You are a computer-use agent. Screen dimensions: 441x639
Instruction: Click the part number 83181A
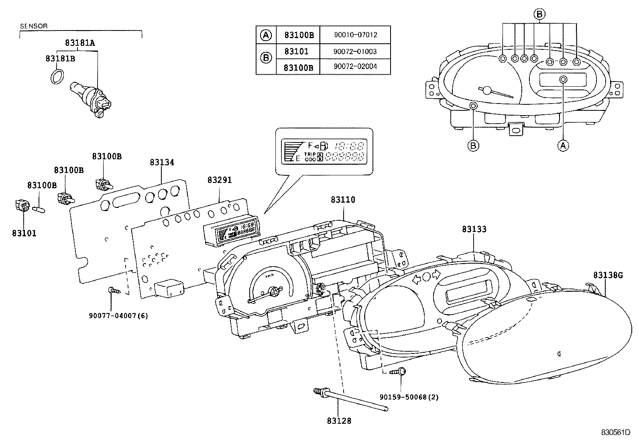(80, 43)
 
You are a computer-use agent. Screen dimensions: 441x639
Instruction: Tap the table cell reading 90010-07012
(355, 35)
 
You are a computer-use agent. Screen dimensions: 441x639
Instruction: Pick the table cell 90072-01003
(355, 52)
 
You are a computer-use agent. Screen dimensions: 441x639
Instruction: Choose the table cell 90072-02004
(355, 67)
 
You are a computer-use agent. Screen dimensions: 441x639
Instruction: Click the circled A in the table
(266, 35)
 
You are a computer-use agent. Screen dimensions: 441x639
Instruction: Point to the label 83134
(162, 163)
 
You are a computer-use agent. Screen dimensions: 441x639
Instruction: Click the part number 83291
(220, 180)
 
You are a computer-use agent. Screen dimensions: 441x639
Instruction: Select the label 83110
(343, 199)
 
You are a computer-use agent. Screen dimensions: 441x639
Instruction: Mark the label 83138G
(608, 275)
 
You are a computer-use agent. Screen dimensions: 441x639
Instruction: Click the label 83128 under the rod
(339, 421)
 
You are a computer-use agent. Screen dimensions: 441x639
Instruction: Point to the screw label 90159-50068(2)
(409, 397)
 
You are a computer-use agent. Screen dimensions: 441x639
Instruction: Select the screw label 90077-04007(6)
(118, 316)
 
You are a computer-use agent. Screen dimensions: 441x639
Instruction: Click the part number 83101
(24, 233)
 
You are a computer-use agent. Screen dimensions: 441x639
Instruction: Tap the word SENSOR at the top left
(34, 26)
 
